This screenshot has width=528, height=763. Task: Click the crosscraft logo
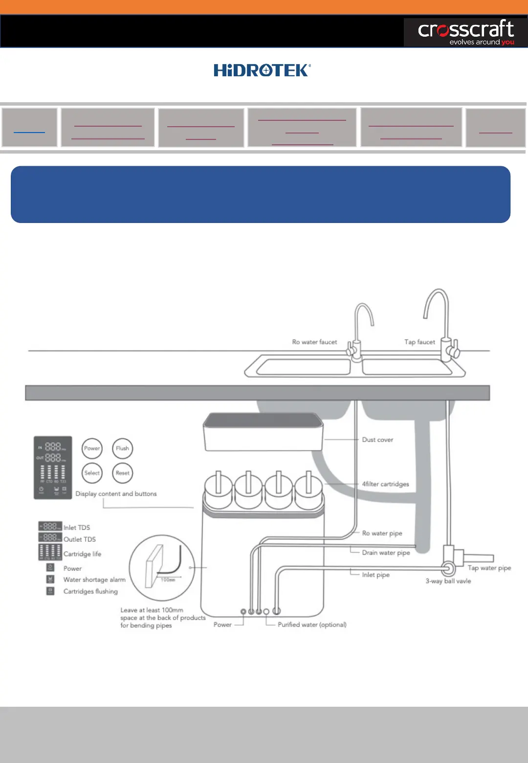465,32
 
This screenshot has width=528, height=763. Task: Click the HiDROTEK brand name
262,70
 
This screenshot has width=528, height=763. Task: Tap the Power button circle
92,449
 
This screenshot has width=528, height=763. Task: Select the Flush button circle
122,449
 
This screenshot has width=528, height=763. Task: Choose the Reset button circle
122,473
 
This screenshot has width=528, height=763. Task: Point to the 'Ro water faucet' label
314,342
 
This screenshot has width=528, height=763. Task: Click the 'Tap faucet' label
419,342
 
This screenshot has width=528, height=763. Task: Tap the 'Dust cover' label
377,440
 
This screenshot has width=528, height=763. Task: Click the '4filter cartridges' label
385,484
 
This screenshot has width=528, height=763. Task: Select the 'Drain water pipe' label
386,553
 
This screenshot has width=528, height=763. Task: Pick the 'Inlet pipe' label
375,575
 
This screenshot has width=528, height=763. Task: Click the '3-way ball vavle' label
448,581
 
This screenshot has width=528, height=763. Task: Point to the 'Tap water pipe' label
489,568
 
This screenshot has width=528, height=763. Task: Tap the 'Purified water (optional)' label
312,625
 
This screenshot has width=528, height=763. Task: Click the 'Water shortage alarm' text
94,580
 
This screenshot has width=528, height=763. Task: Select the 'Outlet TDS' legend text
80,539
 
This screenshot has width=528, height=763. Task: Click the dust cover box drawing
263,431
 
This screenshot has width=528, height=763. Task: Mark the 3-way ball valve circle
448,569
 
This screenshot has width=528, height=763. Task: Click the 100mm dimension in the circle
168,580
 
